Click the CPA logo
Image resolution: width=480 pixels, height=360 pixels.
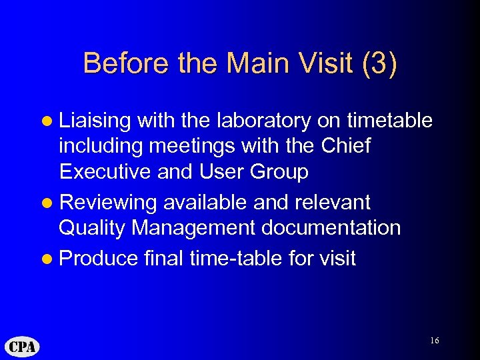[22, 347]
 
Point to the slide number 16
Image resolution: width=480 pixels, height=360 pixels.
[434, 341]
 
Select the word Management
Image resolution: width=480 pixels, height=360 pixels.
[194, 228]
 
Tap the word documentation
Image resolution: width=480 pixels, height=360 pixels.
[331, 228]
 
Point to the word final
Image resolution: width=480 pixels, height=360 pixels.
[163, 258]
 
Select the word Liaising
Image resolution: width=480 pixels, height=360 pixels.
[95, 121]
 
